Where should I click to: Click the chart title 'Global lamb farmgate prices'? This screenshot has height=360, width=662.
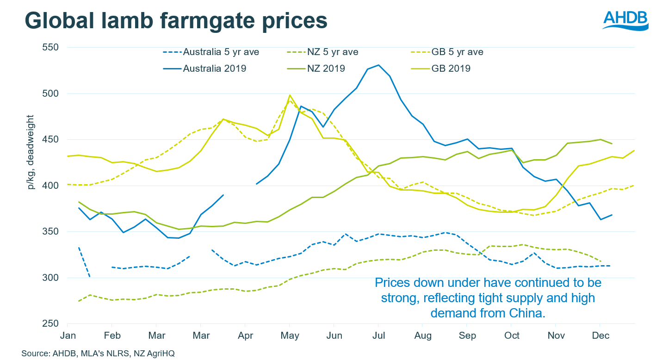tap(176, 21)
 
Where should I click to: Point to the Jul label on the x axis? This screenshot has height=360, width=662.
tap(378, 335)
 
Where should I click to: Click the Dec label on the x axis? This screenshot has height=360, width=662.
tap(600, 335)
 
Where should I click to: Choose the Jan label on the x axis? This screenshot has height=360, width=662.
tap(68, 335)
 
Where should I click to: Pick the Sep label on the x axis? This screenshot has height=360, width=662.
tap(467, 335)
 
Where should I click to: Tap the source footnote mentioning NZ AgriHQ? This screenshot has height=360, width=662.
tap(98, 353)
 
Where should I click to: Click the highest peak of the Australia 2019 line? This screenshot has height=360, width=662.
tap(378, 65)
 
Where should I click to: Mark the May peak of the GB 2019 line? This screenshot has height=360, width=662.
tap(290, 95)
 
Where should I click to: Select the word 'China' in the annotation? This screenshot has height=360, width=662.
tap(528, 313)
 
